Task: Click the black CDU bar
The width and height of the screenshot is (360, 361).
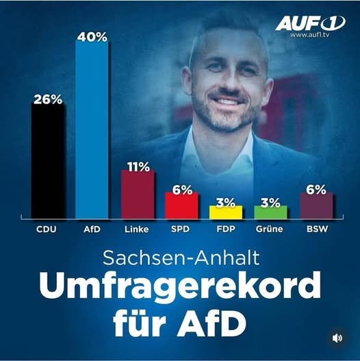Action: click(x=47, y=161)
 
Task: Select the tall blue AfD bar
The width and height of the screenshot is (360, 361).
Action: click(x=92, y=130)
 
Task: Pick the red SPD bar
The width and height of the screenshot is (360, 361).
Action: click(x=181, y=205)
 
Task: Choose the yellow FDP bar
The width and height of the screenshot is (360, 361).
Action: click(x=226, y=212)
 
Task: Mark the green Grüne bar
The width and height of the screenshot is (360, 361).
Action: click(x=271, y=212)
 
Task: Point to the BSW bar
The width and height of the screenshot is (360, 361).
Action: click(x=316, y=205)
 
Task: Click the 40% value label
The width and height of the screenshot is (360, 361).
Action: click(x=92, y=37)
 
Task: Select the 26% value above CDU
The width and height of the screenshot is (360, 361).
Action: click(x=47, y=99)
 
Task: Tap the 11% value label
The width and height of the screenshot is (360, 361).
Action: click(x=138, y=166)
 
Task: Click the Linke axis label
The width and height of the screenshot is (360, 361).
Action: click(x=138, y=229)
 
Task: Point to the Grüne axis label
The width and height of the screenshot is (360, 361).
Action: click(x=271, y=229)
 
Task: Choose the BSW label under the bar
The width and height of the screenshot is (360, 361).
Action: click(x=316, y=229)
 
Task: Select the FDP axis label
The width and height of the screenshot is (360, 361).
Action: click(x=226, y=229)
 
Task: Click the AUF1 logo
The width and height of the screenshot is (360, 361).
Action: click(x=309, y=23)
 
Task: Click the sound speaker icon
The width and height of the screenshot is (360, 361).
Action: click(x=337, y=338)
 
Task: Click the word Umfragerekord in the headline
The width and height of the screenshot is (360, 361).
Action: click(x=180, y=286)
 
